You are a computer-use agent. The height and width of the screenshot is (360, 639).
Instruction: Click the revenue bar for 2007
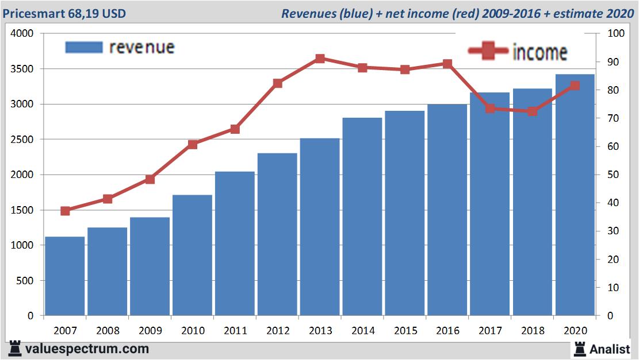point(64,276)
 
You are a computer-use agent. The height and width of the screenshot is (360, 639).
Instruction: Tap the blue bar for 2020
point(575,195)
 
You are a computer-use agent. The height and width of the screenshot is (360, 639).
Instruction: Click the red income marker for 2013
point(320,59)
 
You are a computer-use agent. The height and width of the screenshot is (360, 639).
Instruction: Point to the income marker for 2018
point(533,111)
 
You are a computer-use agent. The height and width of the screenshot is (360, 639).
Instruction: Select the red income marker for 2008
point(108,199)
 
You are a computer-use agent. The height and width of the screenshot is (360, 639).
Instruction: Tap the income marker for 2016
point(447,64)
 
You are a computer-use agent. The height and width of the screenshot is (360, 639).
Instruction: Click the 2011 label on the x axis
point(235,331)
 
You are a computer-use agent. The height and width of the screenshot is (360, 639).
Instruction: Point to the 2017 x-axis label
point(490,331)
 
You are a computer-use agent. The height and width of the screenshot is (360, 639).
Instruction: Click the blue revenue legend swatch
point(84,47)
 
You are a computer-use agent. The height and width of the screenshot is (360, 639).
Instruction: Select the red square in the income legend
point(487,51)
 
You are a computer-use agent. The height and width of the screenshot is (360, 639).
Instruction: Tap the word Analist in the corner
point(610,349)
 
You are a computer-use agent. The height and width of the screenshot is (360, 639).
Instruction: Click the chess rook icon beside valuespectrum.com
point(15,349)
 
